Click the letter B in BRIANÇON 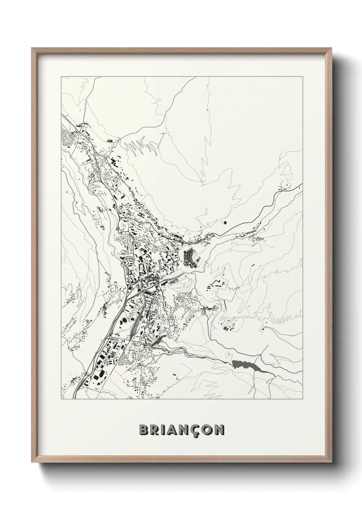[x=144, y=430]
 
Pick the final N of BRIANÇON [x=220, y=430]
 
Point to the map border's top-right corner [x=303, y=77]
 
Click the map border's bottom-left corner [x=61, y=399]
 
